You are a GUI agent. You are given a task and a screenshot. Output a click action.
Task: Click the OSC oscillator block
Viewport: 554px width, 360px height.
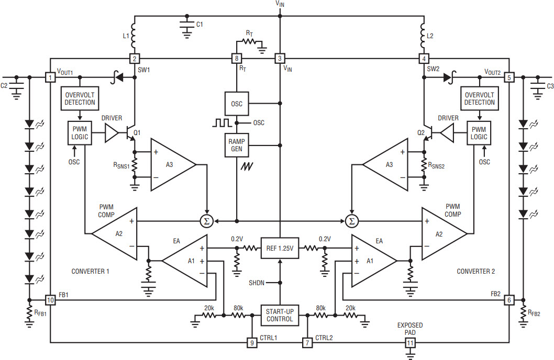[237, 104]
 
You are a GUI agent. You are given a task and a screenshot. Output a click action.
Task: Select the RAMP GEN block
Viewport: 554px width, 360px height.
[237, 145]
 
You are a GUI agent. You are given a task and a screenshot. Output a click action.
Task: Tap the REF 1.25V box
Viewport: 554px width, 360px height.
[280, 249]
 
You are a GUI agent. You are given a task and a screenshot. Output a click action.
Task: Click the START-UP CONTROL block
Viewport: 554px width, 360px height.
[280, 315]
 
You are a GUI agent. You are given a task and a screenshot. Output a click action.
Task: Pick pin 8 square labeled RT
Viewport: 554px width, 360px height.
[237, 59]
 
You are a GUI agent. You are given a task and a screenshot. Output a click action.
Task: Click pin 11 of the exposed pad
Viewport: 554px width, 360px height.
[410, 343]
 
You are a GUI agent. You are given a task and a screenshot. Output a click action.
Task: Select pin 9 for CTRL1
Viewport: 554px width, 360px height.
[252, 343]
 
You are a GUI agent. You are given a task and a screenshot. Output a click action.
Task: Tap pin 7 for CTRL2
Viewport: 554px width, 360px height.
[307, 343]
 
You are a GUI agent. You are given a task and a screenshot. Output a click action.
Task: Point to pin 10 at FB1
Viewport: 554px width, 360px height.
[50, 300]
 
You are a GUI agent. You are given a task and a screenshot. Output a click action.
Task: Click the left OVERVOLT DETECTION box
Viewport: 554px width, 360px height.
[80, 98]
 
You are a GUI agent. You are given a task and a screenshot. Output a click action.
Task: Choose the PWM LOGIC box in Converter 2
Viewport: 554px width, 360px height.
[479, 133]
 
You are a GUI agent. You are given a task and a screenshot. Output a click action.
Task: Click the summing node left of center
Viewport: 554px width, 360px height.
[206, 221]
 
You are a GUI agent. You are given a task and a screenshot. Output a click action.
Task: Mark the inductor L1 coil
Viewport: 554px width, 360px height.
[133, 36]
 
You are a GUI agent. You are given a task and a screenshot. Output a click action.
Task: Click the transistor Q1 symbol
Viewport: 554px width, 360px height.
[131, 133]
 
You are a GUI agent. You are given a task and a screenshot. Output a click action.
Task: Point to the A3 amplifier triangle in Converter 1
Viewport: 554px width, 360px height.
[173, 165]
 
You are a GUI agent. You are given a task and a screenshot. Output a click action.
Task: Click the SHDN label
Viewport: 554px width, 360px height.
[257, 283]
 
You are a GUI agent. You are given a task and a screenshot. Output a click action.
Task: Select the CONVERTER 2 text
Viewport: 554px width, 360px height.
[476, 272]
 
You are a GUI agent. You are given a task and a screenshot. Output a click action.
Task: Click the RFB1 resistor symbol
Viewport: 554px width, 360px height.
[29, 312]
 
